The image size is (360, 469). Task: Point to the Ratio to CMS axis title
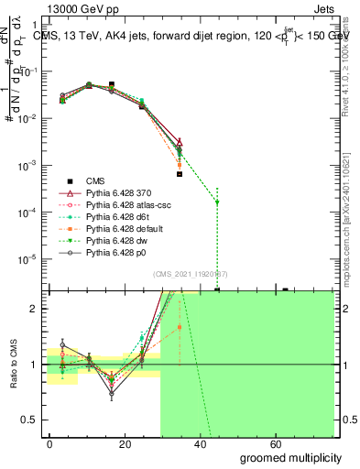click(x=13, y=364)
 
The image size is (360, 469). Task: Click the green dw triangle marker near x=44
click(x=217, y=202)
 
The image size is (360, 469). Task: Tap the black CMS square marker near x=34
click(x=180, y=173)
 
